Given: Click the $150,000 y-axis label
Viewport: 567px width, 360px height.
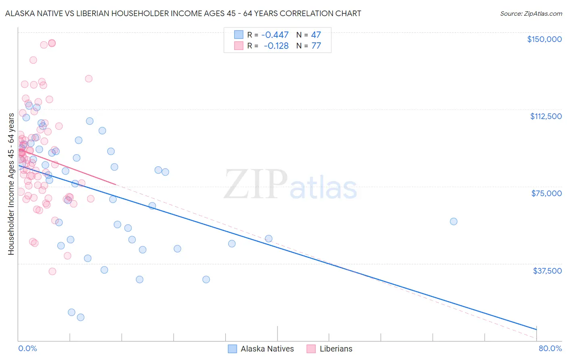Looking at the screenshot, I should tap(544, 39).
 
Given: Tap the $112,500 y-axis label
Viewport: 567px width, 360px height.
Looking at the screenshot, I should tap(546, 116).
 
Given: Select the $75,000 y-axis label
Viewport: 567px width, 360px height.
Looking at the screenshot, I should tap(546, 193).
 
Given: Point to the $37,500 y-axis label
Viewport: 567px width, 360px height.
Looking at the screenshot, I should tap(547, 271).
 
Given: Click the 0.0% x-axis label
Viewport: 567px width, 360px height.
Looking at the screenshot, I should tap(27, 348).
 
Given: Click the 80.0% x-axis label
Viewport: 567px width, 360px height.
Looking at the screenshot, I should tap(550, 348).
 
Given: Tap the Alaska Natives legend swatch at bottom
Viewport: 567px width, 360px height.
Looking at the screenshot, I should tap(232, 349).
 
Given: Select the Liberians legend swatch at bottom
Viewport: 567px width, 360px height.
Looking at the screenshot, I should tap(311, 349).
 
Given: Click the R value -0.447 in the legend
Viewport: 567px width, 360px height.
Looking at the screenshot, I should tap(275, 35).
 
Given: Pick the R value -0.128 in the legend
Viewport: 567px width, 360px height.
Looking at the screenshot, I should tap(276, 46).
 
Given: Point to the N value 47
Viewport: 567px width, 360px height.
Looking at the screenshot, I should tap(316, 35).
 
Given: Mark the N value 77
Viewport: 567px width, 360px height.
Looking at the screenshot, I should tap(316, 46).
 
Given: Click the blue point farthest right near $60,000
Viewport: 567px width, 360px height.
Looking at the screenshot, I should tap(454, 221).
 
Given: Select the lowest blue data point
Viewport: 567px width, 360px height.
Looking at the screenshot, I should tap(81, 317).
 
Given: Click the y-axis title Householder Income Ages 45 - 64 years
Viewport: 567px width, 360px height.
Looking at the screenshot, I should tap(11, 184).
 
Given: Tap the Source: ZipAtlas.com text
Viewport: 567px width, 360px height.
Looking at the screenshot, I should tap(531, 14).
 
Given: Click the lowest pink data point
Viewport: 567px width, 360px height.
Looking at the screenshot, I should tap(52, 271).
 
